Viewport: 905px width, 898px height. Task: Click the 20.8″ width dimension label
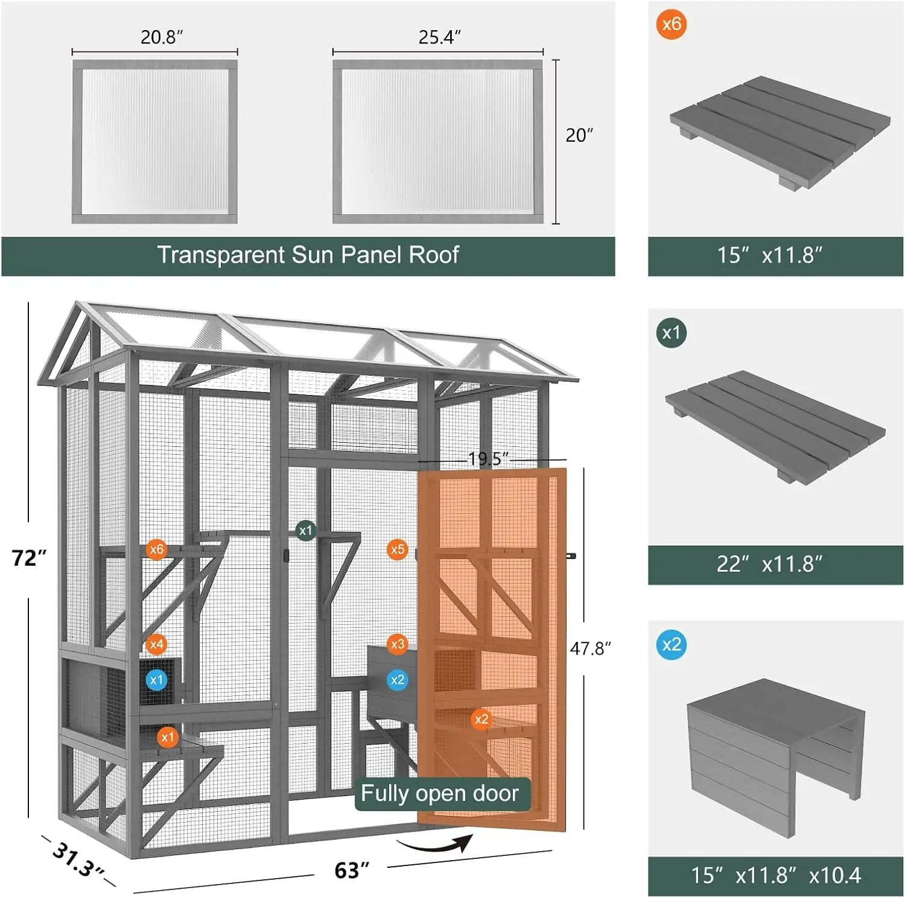[161, 37]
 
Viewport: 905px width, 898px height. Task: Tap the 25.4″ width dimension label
[439, 37]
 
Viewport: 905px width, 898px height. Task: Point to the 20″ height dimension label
[579, 135]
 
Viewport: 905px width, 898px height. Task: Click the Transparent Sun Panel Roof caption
[308, 255]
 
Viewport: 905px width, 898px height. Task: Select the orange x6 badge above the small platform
[671, 24]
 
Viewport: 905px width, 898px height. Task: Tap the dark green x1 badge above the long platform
[671, 332]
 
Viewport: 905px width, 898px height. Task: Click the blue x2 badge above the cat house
[671, 644]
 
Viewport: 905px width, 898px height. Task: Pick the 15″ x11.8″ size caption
[769, 256]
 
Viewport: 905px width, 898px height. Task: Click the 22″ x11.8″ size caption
[769, 564]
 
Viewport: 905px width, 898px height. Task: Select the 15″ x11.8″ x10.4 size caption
[775, 875]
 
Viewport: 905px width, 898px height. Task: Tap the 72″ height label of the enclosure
[28, 558]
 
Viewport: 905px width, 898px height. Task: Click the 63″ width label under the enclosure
[351, 870]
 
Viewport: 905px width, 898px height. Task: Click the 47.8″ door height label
[590, 648]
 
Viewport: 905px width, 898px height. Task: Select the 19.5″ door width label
[488, 459]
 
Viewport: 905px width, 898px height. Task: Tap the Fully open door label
[439, 793]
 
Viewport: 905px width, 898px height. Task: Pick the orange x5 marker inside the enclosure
[397, 549]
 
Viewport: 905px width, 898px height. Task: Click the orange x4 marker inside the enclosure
[156, 644]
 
